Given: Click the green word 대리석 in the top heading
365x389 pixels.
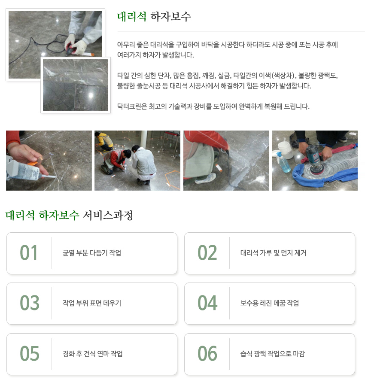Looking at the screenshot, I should (132, 16).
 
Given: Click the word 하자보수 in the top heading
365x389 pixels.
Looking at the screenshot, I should (171, 16).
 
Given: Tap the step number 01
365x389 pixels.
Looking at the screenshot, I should (29, 253).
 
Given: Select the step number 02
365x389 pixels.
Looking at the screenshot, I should (207, 253).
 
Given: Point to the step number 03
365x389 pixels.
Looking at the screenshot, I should (29, 303).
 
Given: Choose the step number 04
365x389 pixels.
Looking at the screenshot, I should (207, 303).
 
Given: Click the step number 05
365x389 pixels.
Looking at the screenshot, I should (29, 354).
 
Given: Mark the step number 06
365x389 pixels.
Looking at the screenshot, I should (207, 354).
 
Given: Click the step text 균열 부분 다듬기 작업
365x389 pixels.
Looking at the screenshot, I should (92, 253).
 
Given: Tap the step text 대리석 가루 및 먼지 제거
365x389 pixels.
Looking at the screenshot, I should (274, 253).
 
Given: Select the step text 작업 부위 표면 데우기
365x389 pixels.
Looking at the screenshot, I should (92, 303).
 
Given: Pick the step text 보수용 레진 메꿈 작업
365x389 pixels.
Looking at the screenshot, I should (270, 303).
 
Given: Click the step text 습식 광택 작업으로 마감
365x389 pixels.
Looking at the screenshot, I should (273, 354).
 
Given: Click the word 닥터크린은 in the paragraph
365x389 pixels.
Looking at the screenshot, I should (131, 106).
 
